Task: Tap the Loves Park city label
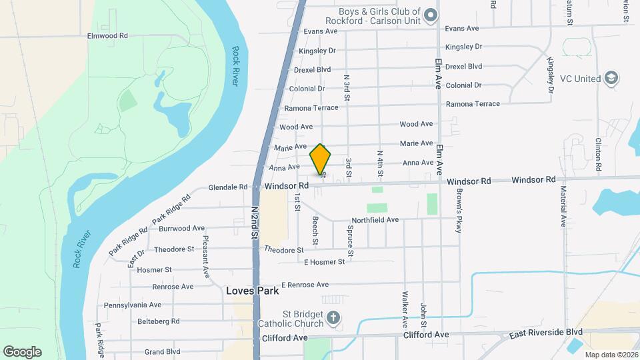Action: pyautogui.click(x=252, y=291)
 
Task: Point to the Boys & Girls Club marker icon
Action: pyautogui.click(x=431, y=14)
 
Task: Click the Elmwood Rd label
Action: pyautogui.click(x=107, y=35)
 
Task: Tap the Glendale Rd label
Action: pyautogui.click(x=228, y=187)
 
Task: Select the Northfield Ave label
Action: pyautogui.click(x=375, y=219)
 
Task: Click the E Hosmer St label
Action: pyautogui.click(x=323, y=262)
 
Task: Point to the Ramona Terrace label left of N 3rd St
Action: pyautogui.click(x=311, y=107)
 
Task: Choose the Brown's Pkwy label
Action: pyautogui.click(x=459, y=210)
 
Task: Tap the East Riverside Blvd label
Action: pyautogui.click(x=547, y=332)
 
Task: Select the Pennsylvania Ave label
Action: pyautogui.click(x=133, y=305)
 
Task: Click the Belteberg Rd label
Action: pyautogui.click(x=157, y=321)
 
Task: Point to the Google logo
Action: pyautogui.click(x=22, y=351)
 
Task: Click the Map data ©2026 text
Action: pyautogui.click(x=610, y=354)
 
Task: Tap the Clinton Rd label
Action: pyautogui.click(x=599, y=154)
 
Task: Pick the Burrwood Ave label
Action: pyautogui.click(x=182, y=228)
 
